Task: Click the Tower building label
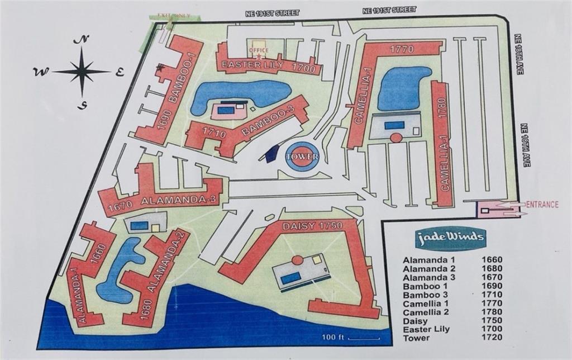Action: click(x=302, y=157)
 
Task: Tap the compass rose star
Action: click(x=82, y=71)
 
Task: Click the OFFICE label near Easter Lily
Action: click(x=258, y=50)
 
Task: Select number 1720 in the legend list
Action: click(x=492, y=337)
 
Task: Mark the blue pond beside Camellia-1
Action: click(x=403, y=88)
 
